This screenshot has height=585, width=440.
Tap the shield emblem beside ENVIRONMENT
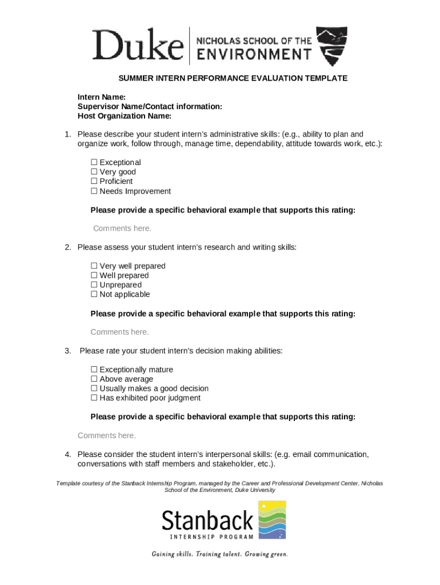click(331, 46)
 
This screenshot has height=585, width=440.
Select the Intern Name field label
click(102, 97)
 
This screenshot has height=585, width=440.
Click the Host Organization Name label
click(125, 116)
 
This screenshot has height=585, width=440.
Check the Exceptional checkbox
click(94, 163)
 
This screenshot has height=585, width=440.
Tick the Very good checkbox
click(94, 172)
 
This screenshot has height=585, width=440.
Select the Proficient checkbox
click(94, 182)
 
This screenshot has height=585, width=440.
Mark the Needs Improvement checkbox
click(94, 191)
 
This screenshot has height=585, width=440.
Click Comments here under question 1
click(122, 229)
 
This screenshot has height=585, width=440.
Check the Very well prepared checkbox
click(94, 266)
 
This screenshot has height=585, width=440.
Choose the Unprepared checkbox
click(94, 285)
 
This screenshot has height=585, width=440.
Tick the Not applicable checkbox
click(94, 295)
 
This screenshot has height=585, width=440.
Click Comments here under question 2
click(119, 332)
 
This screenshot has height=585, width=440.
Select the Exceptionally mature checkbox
click(94, 370)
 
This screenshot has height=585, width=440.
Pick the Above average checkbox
click(94, 379)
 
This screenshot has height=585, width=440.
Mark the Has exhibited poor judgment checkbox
click(94, 398)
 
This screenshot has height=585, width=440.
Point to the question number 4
click(67, 454)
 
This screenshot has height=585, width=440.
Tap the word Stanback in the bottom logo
click(207, 520)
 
